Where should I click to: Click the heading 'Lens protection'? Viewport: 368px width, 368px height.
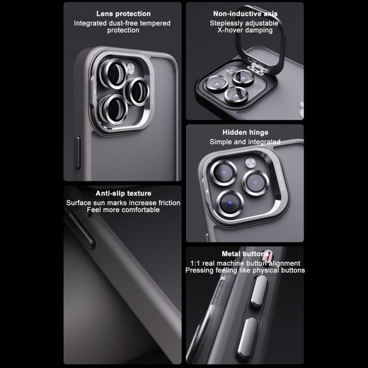coord(123,14)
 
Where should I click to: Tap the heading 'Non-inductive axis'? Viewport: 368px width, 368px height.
coord(245,14)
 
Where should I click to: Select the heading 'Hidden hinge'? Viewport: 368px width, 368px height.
coord(245,132)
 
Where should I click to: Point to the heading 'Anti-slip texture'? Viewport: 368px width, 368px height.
coord(123,194)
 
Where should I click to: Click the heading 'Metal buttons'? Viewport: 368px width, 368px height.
coord(245,254)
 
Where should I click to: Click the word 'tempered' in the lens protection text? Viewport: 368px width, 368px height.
coord(155,24)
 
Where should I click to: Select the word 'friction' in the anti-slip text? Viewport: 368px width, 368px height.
coord(169,203)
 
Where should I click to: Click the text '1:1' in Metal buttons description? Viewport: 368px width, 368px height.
coord(195,263)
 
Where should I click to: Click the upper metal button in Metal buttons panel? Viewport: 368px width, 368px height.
coord(259,291)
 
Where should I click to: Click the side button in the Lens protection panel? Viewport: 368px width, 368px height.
coord(77,152)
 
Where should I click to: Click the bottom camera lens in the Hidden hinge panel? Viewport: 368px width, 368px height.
coord(230,203)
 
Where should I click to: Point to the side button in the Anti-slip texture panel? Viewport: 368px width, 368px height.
coord(82,229)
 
